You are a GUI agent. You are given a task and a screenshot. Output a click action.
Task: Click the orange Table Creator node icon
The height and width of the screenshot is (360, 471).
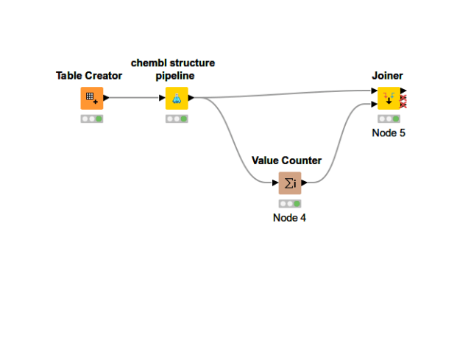[92, 98]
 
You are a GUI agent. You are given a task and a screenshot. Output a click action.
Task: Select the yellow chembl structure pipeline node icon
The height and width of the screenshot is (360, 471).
[177, 98]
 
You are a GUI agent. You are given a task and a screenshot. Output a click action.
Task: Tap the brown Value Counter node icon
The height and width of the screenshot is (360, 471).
[290, 183]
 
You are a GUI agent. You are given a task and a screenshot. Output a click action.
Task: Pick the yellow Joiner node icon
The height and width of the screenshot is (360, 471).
[389, 98]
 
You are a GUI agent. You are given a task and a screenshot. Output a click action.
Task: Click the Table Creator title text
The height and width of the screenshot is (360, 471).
[89, 76]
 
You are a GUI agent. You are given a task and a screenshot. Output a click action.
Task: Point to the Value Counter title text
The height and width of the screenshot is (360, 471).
[286, 160]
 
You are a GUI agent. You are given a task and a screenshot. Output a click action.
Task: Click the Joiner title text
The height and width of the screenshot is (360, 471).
[388, 76]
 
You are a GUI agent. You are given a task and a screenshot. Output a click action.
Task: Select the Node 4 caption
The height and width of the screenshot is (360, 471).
[289, 218]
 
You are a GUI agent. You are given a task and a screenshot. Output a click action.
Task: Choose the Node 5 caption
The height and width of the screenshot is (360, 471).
[389, 133]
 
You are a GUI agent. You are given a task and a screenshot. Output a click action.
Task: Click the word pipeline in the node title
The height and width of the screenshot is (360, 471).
[175, 76]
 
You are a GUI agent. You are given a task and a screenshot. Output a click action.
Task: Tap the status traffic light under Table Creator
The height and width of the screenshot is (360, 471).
[92, 119]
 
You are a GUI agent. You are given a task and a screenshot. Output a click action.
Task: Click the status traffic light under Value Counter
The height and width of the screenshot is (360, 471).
[290, 204]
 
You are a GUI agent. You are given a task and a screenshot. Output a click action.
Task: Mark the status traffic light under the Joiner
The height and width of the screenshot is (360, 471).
[389, 119]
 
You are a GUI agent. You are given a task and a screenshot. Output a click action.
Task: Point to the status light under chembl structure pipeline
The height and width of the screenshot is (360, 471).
[177, 119]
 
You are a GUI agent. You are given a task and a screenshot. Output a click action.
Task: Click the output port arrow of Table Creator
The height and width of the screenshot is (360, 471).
[106, 98]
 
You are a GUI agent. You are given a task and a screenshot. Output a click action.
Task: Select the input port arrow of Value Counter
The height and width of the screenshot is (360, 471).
[275, 183]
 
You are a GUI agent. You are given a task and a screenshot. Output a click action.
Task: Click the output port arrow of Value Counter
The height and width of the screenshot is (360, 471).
[304, 183]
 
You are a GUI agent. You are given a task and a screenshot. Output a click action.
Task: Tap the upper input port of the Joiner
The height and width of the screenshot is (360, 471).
[375, 91]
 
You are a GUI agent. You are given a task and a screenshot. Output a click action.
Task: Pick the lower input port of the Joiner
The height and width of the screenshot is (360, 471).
[375, 105]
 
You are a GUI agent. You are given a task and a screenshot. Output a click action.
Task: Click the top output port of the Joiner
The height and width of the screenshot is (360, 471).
[403, 91]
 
